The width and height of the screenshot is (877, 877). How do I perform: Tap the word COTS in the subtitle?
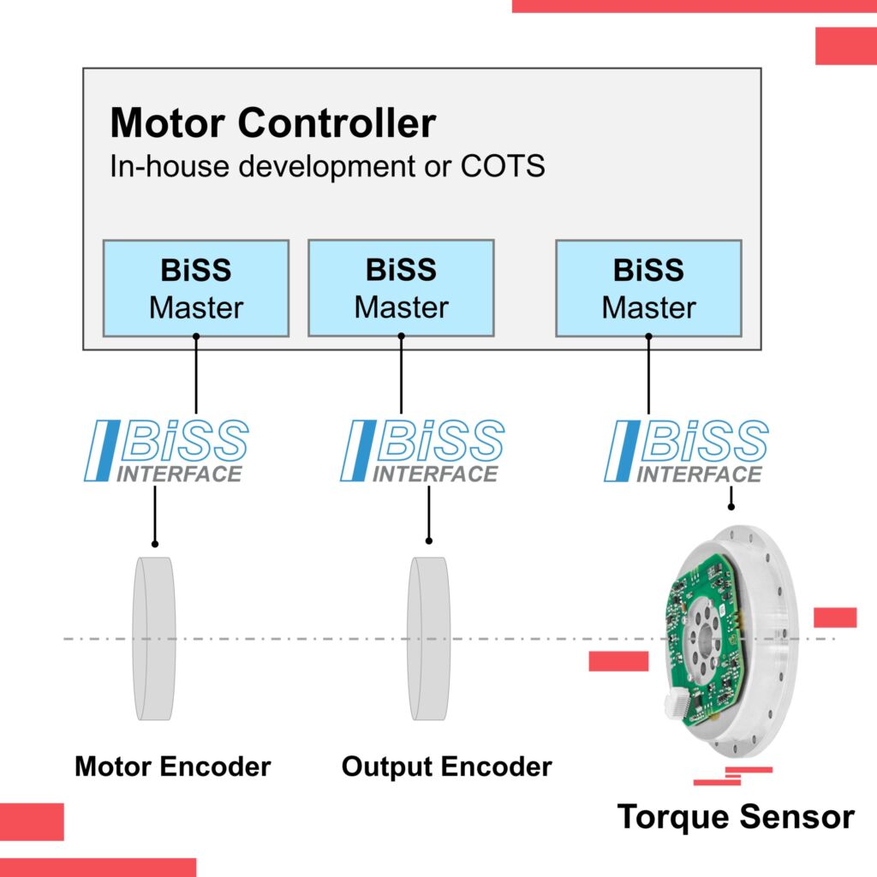(503, 166)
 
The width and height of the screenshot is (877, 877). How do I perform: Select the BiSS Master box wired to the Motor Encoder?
(196, 288)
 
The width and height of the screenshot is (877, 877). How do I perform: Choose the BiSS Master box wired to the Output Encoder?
(401, 288)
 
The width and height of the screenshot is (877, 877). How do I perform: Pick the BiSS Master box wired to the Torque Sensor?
(648, 288)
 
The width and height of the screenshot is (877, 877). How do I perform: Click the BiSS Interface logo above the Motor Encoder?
(168, 450)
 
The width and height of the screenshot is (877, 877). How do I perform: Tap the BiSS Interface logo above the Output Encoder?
(423, 450)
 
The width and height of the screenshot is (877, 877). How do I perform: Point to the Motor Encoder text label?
(172, 766)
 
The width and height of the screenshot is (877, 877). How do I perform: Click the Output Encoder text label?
(446, 766)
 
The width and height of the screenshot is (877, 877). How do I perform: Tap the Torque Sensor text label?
(736, 816)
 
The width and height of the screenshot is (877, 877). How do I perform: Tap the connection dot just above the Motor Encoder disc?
(155, 543)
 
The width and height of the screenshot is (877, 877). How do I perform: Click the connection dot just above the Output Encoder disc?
(428, 540)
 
